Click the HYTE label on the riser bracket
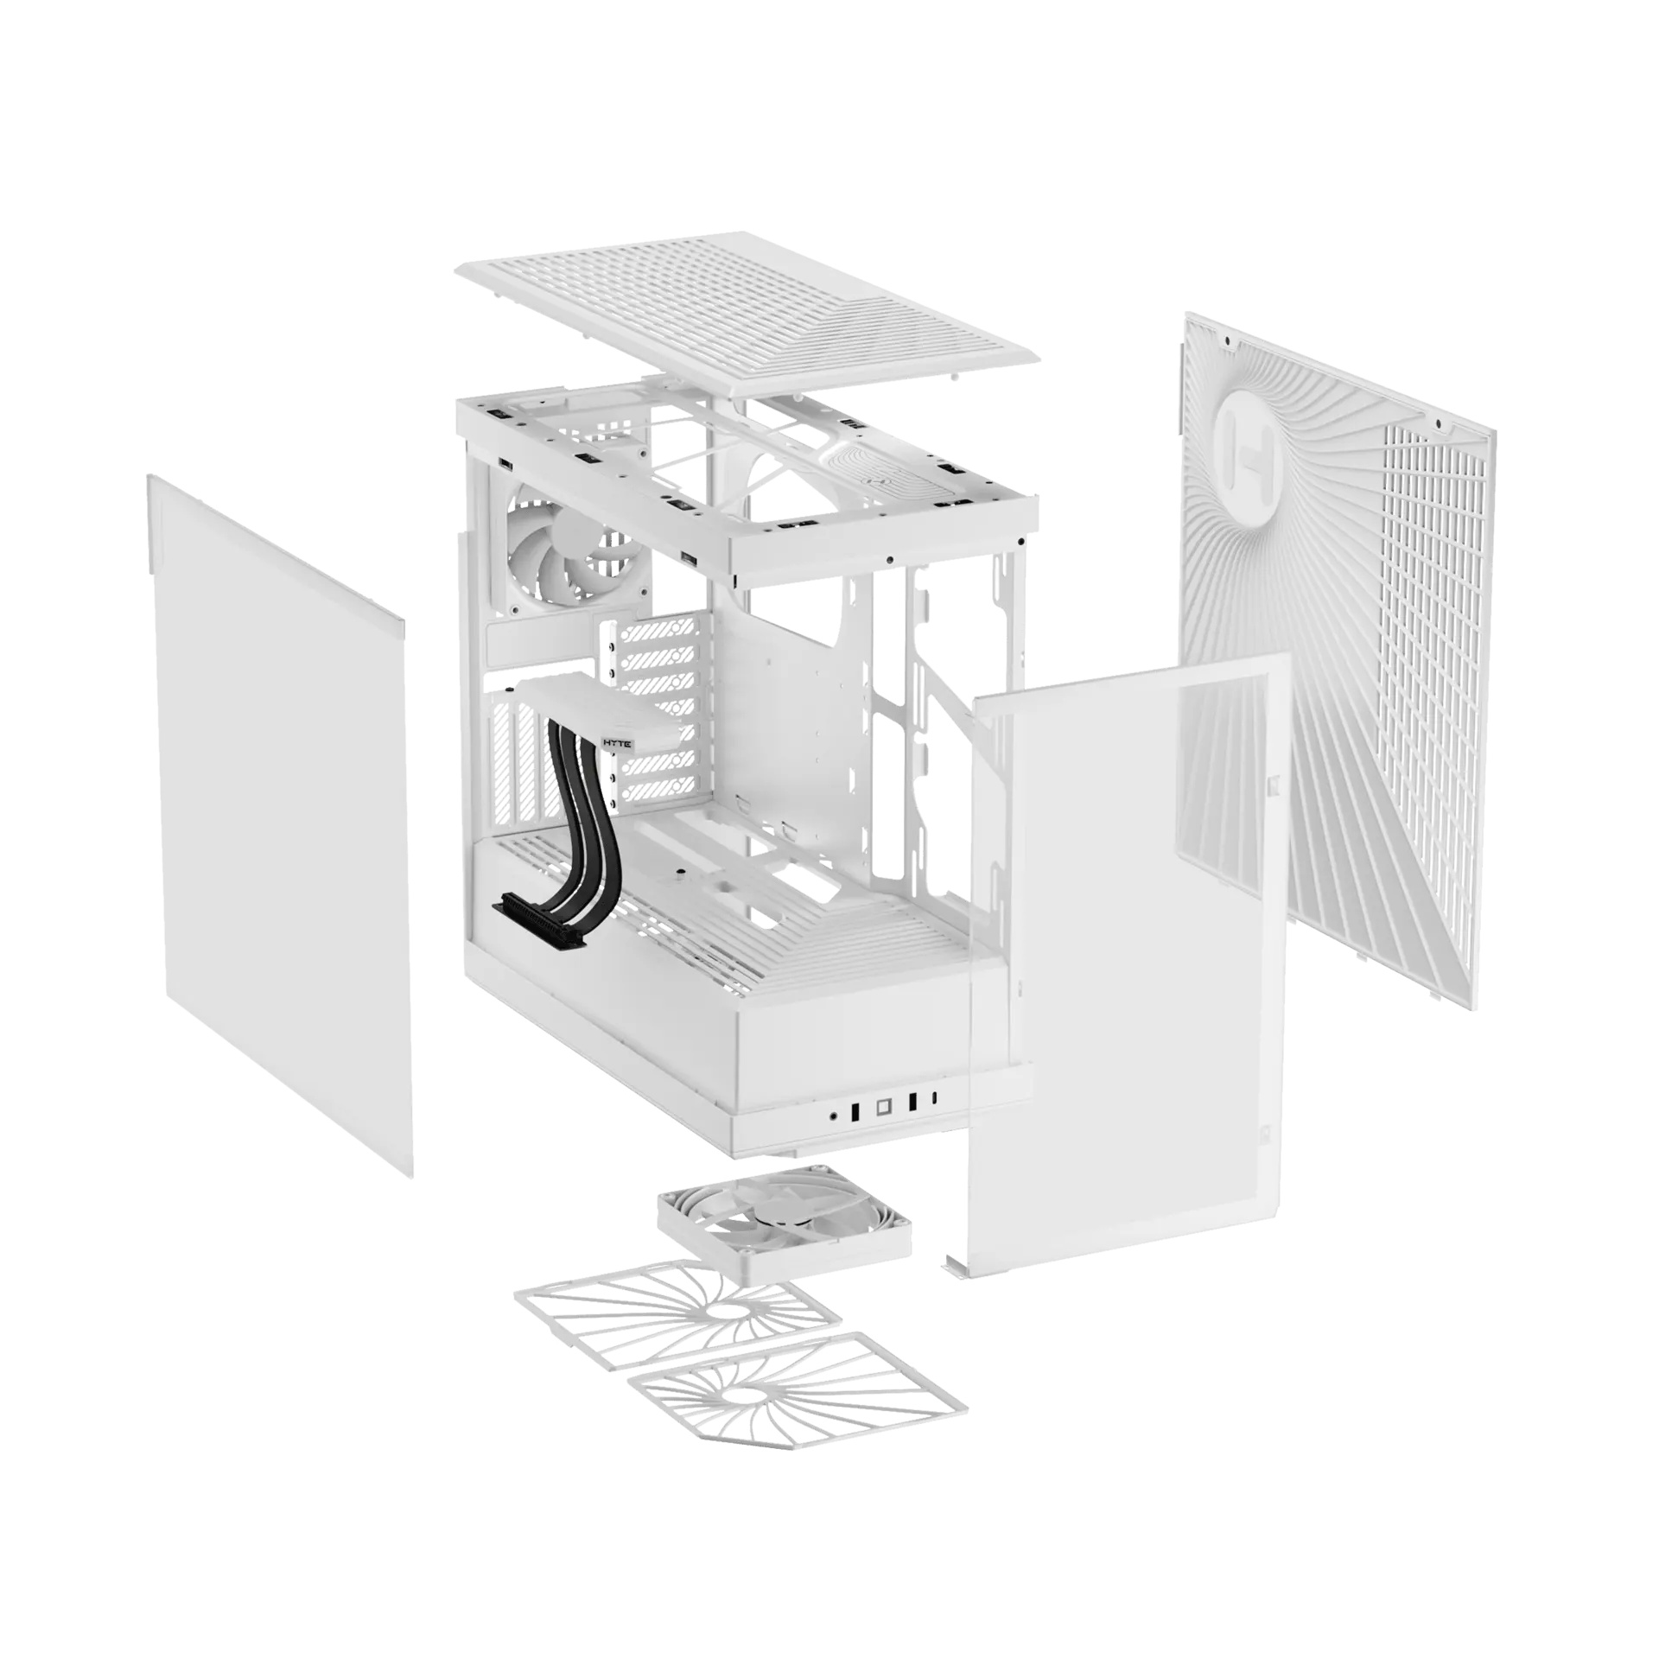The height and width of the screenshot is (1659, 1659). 618,743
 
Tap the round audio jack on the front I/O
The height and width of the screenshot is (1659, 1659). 834,1115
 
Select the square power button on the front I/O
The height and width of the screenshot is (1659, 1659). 883,1106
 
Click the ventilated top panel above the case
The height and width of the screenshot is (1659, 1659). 748,312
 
